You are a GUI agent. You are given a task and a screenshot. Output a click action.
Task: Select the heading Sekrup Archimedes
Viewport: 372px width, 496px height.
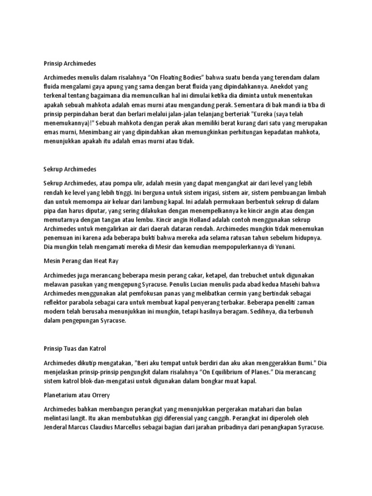pos(70,169)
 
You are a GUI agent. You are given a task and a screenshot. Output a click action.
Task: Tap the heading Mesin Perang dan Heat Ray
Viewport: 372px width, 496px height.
pos(80,261)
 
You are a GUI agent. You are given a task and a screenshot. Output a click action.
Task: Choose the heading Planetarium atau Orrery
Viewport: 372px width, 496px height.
pos(77,395)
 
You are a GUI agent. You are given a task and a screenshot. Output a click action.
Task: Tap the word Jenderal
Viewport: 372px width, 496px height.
pos(57,427)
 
